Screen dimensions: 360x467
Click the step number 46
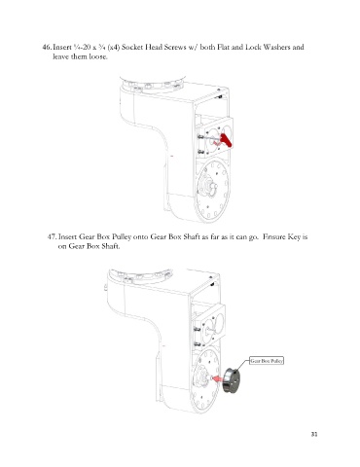[47, 47]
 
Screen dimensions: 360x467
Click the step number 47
[52, 236]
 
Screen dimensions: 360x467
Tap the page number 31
[314, 434]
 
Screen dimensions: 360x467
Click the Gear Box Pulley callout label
[267, 361]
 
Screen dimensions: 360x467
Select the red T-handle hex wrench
[224, 140]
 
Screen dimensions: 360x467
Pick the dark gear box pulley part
[232, 380]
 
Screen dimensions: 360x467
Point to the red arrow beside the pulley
[218, 378]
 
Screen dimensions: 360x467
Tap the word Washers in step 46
[276, 47]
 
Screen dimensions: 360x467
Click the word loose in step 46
[98, 57]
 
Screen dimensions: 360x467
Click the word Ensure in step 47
[274, 236]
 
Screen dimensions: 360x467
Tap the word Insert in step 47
[67, 236]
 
